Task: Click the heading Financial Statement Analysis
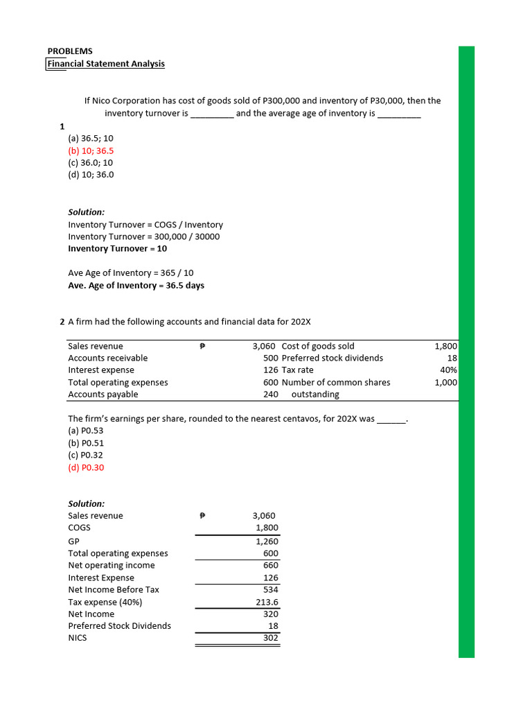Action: tap(106, 64)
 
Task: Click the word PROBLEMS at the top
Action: tap(70, 51)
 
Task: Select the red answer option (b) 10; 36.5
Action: tap(91, 150)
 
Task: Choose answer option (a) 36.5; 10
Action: tap(91, 138)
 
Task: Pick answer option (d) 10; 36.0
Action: tap(91, 175)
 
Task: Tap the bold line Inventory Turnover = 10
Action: tap(117, 248)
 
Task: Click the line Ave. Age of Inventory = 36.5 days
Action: tap(136, 285)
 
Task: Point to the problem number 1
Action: tap(62, 126)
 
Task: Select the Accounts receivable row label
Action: tap(107, 358)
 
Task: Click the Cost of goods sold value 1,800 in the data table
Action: tap(445, 346)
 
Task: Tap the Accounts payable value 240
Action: tap(270, 395)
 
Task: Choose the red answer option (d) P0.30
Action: tap(87, 467)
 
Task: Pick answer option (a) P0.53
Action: tap(87, 431)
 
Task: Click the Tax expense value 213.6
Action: tap(267, 602)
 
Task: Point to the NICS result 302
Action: tap(270, 638)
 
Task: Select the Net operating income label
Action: tap(112, 565)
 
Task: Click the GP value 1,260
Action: tap(267, 541)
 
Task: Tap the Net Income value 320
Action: tap(270, 614)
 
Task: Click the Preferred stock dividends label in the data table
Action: tap(332, 358)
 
